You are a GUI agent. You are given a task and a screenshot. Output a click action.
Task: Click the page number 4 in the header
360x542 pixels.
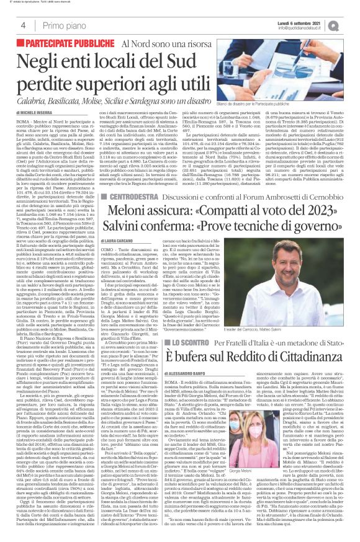[x=22, y=25]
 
